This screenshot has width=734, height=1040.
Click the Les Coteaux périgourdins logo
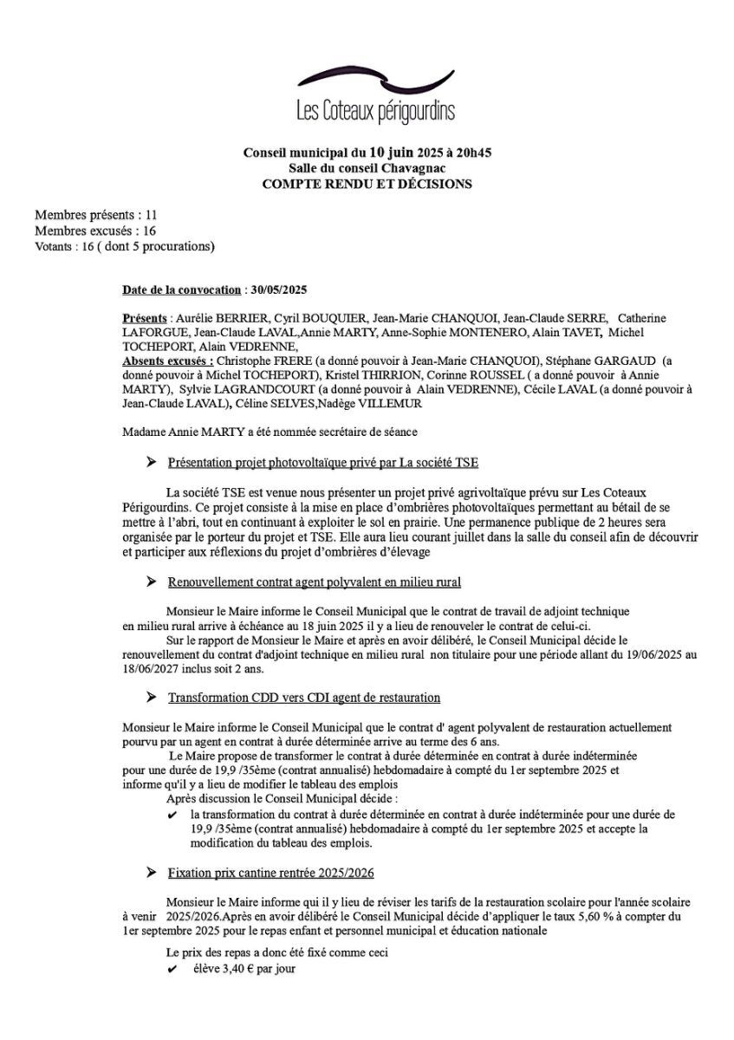pyautogui.click(x=374, y=96)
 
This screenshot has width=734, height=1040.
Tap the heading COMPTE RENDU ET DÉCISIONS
pyautogui.click(x=367, y=184)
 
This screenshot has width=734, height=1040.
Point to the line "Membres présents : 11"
pyautogui.click(x=95, y=215)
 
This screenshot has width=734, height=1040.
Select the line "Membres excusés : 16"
pyautogui.click(x=95, y=231)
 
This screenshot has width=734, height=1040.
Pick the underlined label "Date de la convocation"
pyautogui.click(x=181, y=289)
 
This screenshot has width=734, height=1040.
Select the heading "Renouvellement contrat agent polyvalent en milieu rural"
pyautogui.click(x=314, y=582)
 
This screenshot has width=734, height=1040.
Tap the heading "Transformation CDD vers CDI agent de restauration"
pyautogui.click(x=304, y=697)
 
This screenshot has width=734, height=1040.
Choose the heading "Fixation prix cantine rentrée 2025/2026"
pyautogui.click(x=271, y=873)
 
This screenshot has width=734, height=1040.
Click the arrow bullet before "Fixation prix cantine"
pyautogui.click(x=152, y=873)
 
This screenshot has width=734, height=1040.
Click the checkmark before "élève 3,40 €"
pyautogui.click(x=172, y=970)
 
